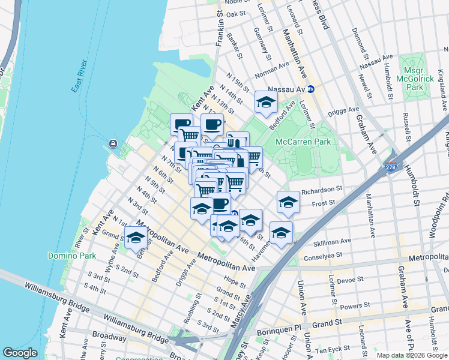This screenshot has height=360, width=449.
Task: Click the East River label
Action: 79,76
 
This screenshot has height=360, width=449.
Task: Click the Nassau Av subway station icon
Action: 311,89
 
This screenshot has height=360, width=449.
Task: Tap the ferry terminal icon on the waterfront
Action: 112,145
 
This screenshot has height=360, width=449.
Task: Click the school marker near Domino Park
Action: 136,238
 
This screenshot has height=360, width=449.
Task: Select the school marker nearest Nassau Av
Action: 266,103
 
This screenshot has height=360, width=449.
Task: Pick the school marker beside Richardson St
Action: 288,202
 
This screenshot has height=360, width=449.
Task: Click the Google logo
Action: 20,353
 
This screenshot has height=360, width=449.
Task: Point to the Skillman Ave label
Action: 333,242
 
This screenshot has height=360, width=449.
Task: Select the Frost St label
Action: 323,203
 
